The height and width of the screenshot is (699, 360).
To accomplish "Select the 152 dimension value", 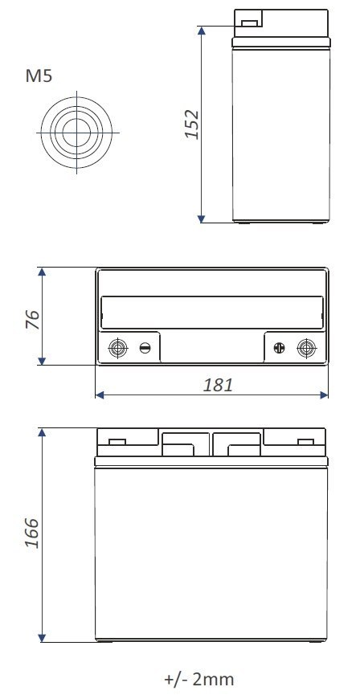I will pyautogui.click(x=191, y=124).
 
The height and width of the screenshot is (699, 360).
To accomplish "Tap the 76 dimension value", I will pyautogui.click(x=33, y=317).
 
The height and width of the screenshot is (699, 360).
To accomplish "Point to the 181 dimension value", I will pyautogui.click(x=218, y=385).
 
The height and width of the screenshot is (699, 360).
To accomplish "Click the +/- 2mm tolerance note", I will pyautogui.click(x=199, y=680).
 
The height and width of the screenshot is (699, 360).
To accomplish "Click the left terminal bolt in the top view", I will pyautogui.click(x=117, y=348).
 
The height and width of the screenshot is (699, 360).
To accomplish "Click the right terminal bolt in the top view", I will pyautogui.click(x=305, y=348).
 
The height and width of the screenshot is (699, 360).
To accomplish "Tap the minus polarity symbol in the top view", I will pyautogui.click(x=145, y=348).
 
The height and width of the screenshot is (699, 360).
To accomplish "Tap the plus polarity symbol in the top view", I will pyautogui.click(x=280, y=348).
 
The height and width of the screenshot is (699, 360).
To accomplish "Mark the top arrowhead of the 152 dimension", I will pyautogui.click(x=202, y=31).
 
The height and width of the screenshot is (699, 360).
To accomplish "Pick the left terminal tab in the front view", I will pyautogui.click(x=117, y=441).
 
